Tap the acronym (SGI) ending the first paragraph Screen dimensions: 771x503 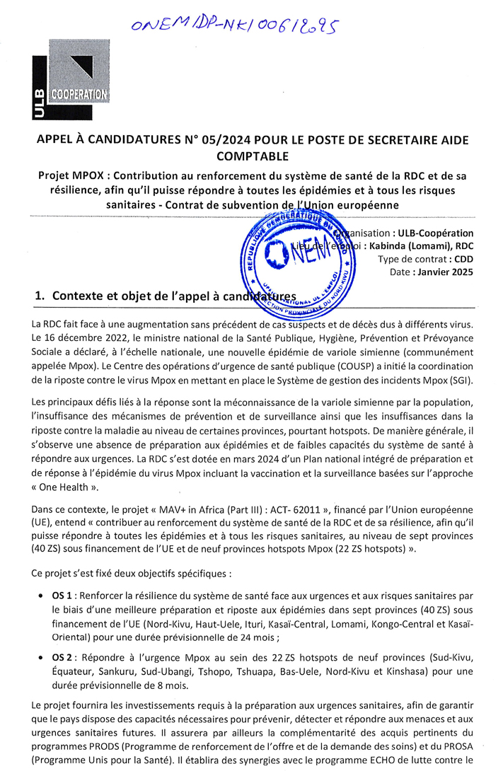(x=456, y=381)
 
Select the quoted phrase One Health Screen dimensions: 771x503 (x=68, y=487)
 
